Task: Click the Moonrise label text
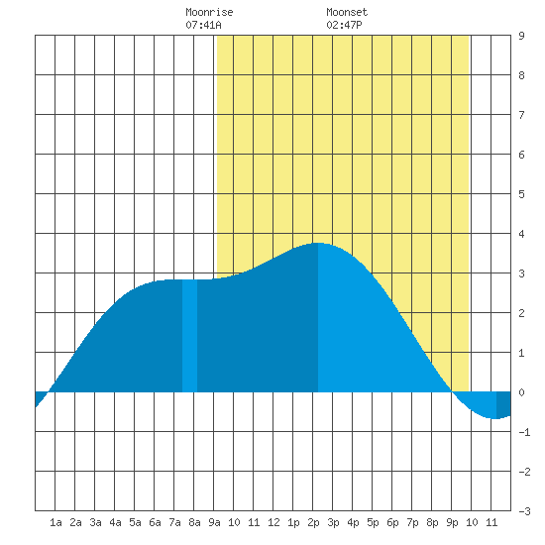tap(209, 12)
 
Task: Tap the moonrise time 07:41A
tap(203, 25)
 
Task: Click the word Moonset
tap(347, 12)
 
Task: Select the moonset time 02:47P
tap(344, 25)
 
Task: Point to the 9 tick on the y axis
tap(521, 36)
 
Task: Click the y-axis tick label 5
tap(521, 194)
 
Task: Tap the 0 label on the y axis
tap(521, 392)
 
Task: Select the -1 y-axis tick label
tap(524, 432)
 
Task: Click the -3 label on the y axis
tap(524, 511)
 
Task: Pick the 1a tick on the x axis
tap(55, 522)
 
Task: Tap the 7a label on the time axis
tap(174, 522)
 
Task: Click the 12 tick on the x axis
tap(273, 522)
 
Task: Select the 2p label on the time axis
tap(313, 522)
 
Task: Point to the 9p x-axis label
tap(452, 522)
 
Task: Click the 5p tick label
tap(373, 522)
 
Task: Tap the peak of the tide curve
tap(318, 243)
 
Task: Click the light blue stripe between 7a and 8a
tap(190, 335)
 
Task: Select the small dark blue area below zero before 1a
tap(40, 397)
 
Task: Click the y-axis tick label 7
tap(521, 115)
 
